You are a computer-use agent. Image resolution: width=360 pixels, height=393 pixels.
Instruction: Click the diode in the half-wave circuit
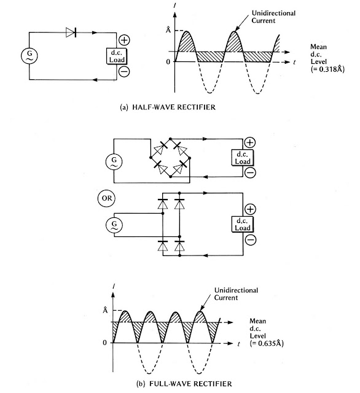(71, 33)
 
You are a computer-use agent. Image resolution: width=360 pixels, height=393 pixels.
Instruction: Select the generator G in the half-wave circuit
(29, 56)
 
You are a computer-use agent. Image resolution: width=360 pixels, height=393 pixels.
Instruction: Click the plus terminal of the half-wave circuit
(123, 39)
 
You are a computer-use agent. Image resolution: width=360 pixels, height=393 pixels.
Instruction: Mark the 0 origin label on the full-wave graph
(105, 341)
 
